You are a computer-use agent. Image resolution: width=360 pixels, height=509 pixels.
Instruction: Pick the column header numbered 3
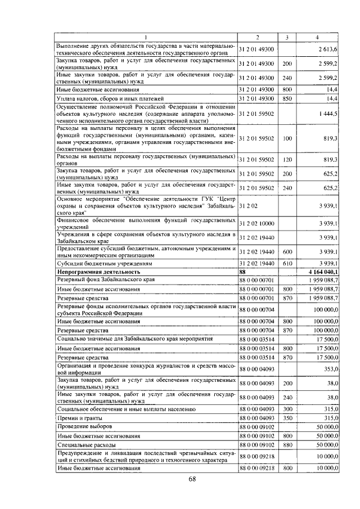click(287, 37)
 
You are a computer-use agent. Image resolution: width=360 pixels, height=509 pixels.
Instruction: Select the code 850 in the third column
click(287, 98)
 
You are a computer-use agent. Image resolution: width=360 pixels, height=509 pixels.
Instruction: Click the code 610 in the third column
click(287, 263)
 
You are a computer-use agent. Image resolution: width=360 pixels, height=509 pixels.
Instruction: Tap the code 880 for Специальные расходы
click(287, 444)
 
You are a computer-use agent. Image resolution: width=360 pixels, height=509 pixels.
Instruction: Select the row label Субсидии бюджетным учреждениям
click(97, 263)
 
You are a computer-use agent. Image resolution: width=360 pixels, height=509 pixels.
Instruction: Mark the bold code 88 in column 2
click(244, 272)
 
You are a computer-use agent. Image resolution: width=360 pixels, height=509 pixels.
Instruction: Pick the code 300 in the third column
click(287, 409)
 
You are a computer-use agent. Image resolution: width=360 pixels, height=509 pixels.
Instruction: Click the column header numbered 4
click(317, 37)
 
